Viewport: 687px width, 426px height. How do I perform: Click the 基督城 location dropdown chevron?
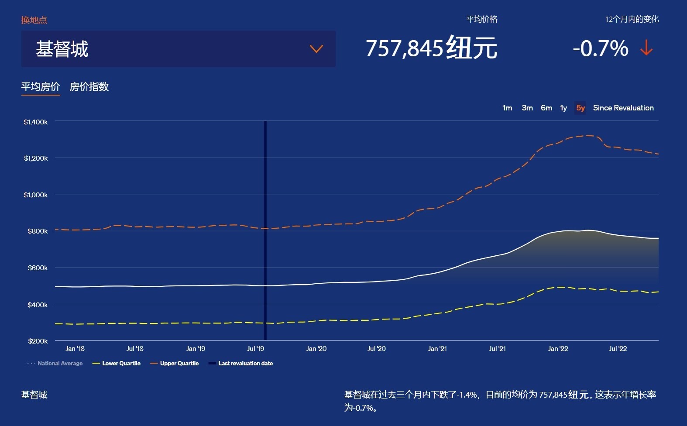316,49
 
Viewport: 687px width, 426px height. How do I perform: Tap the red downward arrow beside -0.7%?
646,48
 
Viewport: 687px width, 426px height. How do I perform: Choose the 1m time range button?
507,108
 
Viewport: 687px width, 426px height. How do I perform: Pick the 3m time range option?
527,108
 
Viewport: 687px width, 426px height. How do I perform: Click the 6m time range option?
546,108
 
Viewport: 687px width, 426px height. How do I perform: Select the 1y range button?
563,108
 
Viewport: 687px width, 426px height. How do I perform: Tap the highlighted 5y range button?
580,108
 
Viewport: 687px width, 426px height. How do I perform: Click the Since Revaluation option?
623,108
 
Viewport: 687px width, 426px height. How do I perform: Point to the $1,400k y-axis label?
36,122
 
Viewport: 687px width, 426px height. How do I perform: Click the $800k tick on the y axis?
38,231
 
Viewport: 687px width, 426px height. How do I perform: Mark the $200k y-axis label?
38,341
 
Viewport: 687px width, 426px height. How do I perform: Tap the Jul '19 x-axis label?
255,349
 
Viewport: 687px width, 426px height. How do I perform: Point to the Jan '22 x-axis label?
558,349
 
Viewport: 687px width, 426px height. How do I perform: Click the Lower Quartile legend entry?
117,364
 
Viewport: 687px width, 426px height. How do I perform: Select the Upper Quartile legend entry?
175,364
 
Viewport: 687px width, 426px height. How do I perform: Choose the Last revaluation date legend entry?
241,364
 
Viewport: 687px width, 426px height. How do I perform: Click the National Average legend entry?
55,364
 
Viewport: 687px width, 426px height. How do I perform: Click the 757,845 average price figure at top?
404,48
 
